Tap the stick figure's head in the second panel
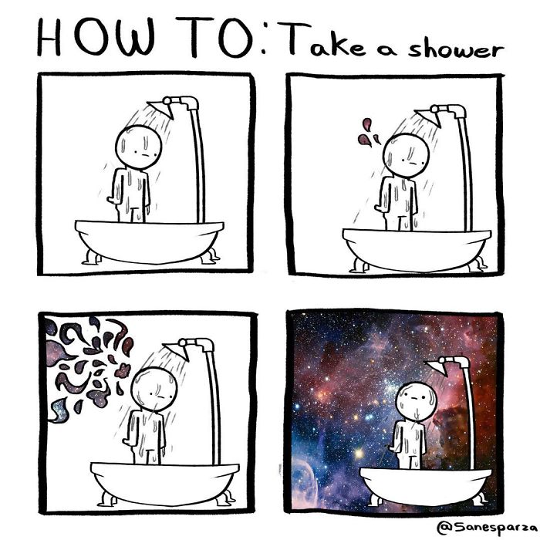[405, 154]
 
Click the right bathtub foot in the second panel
[474, 263]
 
